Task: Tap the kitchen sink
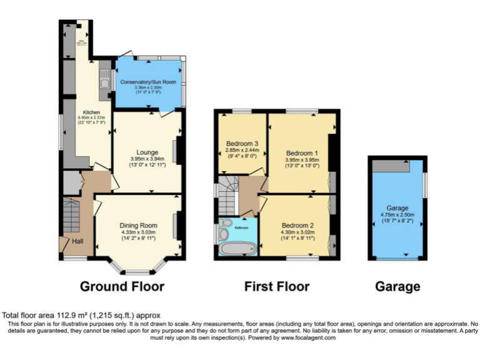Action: (x=104, y=81)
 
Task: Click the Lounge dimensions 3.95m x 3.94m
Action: (x=147, y=159)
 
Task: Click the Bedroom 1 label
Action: (x=302, y=153)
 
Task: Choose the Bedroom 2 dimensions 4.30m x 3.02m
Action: (x=298, y=232)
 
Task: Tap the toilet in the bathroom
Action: (x=227, y=223)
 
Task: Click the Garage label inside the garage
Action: (x=397, y=208)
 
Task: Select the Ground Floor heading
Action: (x=122, y=287)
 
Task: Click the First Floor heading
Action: (x=277, y=287)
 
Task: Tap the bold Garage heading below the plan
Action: (x=397, y=287)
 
